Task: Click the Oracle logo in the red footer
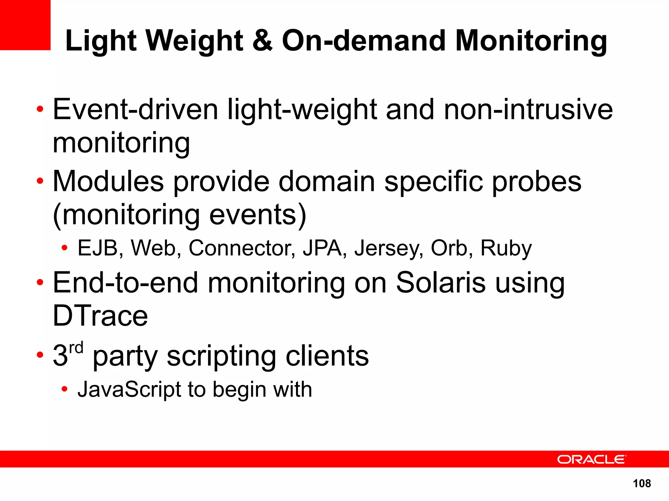click(x=591, y=459)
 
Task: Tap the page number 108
click(x=642, y=483)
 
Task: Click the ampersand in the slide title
click(x=262, y=40)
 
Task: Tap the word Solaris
click(x=441, y=282)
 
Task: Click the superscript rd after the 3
click(x=76, y=348)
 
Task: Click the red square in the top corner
click(x=25, y=25)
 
